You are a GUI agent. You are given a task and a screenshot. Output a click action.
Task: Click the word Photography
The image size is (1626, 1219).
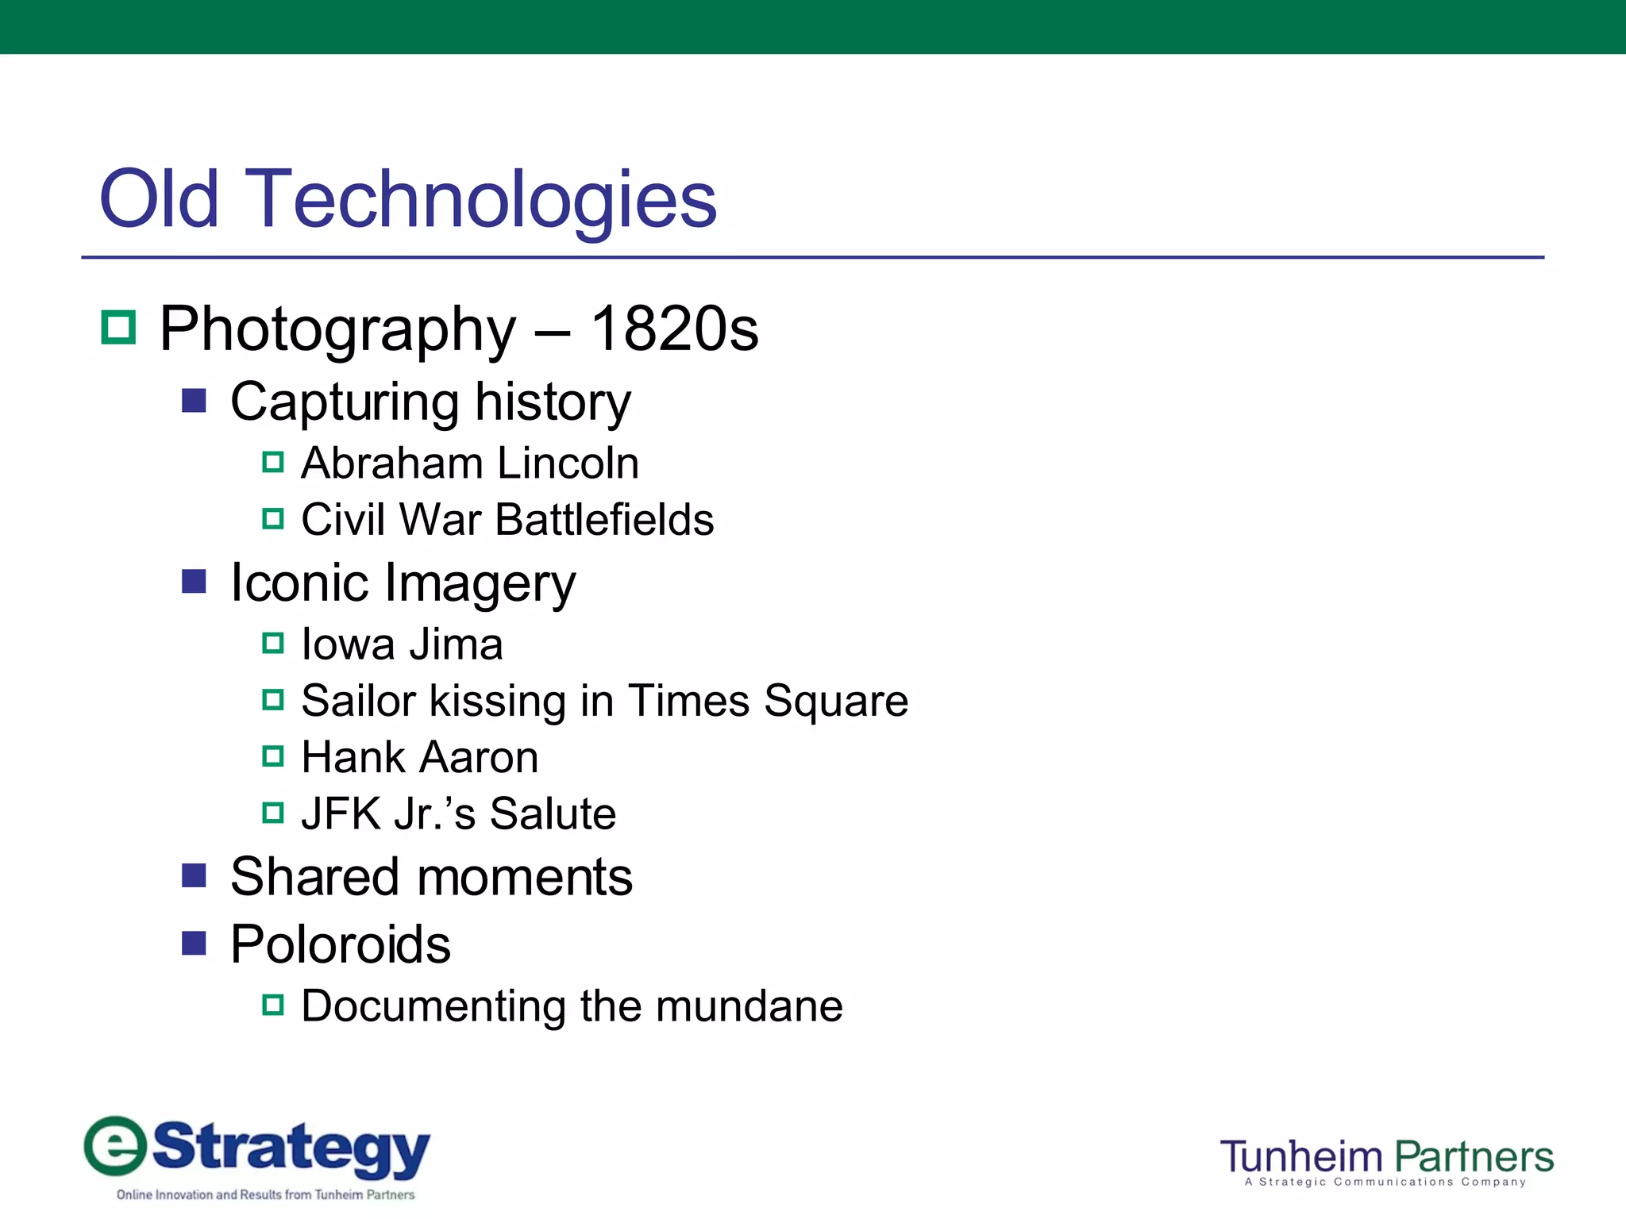coord(338,329)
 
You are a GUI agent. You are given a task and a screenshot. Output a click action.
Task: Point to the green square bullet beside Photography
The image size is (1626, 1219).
coord(119,327)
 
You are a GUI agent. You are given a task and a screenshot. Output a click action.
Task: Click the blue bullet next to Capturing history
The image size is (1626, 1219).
coord(194,400)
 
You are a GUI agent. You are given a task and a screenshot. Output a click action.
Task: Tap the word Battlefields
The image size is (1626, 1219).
coord(604,520)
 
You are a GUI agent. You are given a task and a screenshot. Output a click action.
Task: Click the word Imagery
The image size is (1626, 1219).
coord(480,583)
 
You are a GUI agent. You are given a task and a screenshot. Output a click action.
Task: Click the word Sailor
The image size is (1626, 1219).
coord(359,701)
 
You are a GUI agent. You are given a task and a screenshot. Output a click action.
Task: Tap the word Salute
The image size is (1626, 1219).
coord(552,813)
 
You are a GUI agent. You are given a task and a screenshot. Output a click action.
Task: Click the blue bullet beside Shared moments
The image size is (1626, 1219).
coord(194,875)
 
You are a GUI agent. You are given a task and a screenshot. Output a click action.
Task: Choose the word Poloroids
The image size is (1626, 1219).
coord(341,944)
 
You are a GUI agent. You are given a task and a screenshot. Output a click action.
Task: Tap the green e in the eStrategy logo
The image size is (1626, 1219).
coord(116,1146)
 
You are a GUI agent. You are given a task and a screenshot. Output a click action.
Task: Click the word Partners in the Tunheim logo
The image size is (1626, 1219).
coord(1473,1156)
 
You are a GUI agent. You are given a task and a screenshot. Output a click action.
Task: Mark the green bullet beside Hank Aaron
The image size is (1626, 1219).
coord(273,756)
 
